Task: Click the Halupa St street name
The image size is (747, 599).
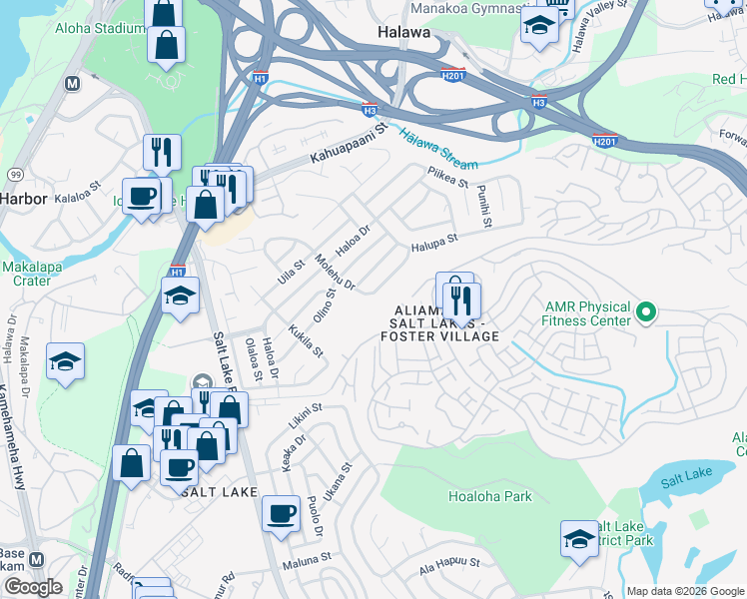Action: point(432,240)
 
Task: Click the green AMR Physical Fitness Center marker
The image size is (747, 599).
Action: point(646,313)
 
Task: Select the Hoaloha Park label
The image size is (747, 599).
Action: point(489,496)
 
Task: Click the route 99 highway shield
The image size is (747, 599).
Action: point(15,174)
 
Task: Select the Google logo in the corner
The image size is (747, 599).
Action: point(32,587)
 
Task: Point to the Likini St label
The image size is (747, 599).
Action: point(306,416)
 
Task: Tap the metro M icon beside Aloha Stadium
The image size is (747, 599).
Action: point(71,85)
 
